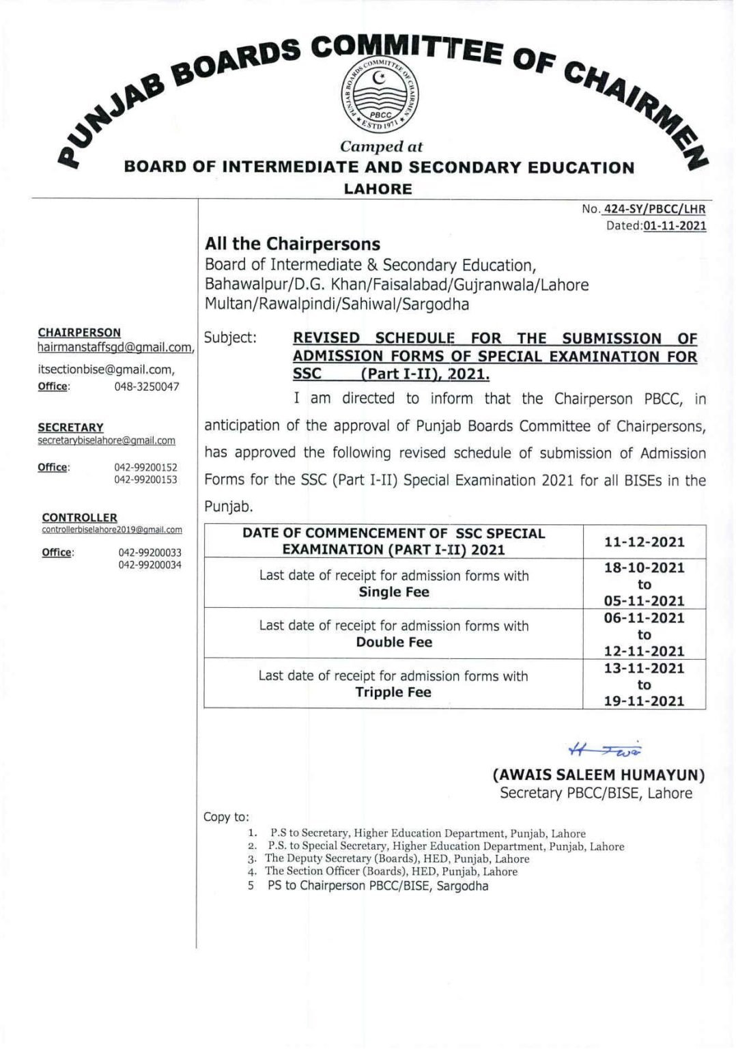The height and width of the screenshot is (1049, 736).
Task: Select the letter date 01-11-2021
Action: (675, 225)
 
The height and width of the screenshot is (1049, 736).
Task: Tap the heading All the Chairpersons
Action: (293, 244)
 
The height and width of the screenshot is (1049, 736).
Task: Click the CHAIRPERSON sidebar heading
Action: (79, 333)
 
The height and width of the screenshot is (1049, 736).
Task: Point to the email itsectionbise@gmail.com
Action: (106, 369)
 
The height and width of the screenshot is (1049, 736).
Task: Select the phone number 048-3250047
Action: (147, 387)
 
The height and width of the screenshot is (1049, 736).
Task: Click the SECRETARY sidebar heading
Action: (70, 428)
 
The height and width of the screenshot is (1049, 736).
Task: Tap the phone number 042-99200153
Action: (145, 479)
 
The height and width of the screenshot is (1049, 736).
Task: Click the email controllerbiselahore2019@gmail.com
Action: (112, 529)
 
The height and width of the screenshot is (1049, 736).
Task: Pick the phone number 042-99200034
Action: (150, 565)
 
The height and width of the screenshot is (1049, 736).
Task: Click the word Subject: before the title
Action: (230, 338)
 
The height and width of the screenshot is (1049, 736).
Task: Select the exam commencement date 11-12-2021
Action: (644, 542)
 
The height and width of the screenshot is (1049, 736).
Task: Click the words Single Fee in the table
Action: (394, 592)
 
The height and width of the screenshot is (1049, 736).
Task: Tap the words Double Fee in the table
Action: (394, 642)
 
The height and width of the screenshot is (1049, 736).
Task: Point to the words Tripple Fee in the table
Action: (393, 692)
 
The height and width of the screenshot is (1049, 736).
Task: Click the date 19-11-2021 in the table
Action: (644, 701)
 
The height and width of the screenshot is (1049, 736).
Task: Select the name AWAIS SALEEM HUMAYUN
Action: (599, 775)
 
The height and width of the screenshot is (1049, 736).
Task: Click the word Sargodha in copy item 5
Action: (462, 886)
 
